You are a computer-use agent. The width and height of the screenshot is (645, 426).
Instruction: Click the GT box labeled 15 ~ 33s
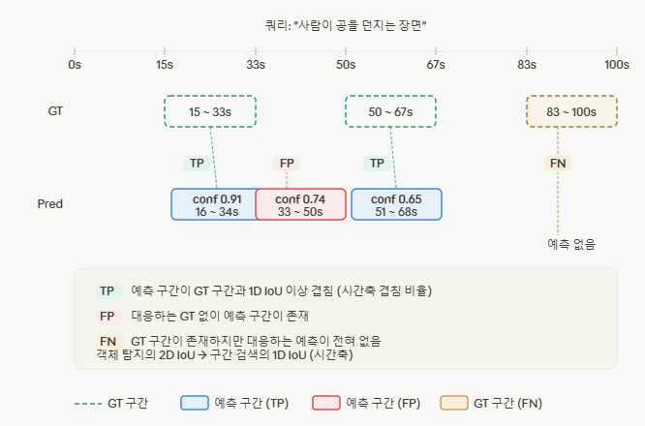click(210, 111)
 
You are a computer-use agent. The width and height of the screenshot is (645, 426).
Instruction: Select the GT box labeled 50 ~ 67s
click(390, 111)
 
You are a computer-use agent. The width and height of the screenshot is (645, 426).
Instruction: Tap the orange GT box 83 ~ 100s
click(571, 111)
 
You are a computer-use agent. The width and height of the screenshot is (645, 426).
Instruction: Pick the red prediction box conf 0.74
click(300, 204)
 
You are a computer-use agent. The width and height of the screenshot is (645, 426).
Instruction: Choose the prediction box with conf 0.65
click(396, 204)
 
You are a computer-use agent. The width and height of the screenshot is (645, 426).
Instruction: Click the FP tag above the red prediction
click(287, 164)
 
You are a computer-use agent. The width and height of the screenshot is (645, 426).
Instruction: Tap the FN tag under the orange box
click(558, 164)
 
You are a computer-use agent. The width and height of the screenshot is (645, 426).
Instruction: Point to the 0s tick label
click(75, 65)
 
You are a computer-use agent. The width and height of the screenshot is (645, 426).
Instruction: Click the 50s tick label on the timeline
click(346, 65)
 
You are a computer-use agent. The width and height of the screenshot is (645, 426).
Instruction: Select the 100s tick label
click(617, 65)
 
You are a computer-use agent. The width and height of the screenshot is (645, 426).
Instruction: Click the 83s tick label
click(527, 65)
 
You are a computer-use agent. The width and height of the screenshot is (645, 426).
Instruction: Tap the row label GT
click(55, 111)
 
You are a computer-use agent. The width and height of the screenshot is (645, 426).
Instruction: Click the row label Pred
click(50, 204)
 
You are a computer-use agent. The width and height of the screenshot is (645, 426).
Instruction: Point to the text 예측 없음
click(571, 244)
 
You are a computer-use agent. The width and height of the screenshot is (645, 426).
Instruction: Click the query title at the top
click(346, 25)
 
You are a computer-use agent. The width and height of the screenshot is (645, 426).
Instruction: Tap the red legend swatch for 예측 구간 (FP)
click(326, 403)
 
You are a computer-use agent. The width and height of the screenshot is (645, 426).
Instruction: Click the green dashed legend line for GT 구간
click(88, 404)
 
